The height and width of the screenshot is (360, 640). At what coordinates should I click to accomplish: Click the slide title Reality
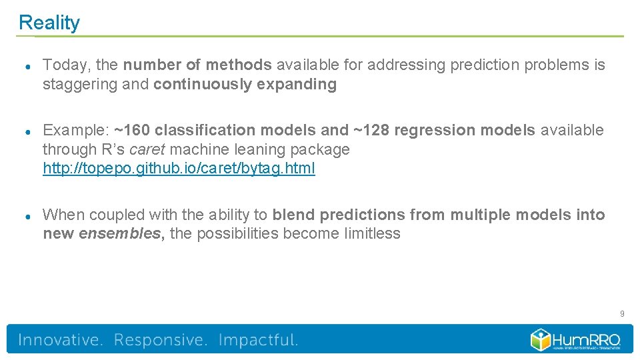(x=49, y=23)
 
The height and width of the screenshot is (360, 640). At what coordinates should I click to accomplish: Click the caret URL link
(x=179, y=169)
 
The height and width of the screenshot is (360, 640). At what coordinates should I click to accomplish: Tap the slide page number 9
(x=621, y=313)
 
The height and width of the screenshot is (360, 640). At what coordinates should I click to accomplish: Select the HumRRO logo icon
(x=540, y=339)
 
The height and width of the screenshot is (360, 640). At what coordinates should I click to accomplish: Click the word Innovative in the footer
(x=61, y=340)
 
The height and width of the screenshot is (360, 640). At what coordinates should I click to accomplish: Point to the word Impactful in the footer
(x=258, y=340)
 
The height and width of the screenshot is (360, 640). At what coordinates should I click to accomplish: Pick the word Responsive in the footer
(x=161, y=340)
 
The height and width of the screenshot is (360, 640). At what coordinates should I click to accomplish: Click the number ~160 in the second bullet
(x=132, y=131)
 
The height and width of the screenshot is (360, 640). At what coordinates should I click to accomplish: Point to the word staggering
(x=75, y=85)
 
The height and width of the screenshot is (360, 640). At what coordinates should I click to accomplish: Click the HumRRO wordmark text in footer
(x=587, y=339)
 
